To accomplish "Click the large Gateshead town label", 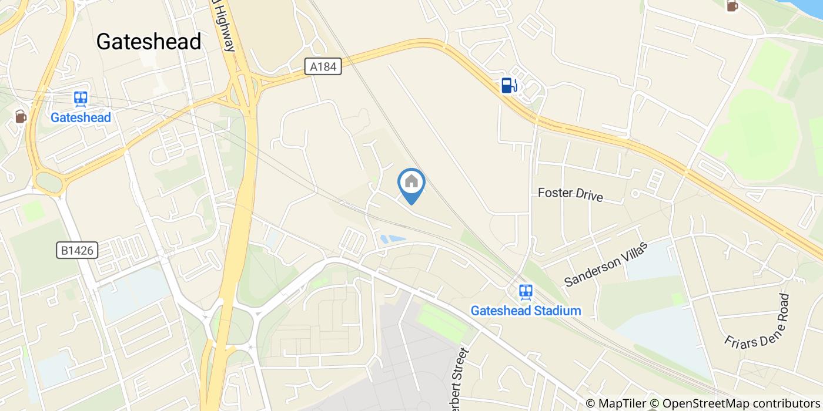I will (x=149, y=42).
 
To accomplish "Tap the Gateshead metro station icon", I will (x=81, y=99).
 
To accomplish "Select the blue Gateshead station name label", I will (x=81, y=117).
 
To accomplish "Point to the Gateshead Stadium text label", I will (x=526, y=311).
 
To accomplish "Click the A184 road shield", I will (x=323, y=67).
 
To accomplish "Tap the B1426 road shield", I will (x=77, y=251).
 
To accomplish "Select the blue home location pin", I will (x=411, y=184).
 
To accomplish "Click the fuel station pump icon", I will (x=508, y=86).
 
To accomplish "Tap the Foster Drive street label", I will (x=570, y=194).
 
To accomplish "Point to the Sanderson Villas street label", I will (x=605, y=264).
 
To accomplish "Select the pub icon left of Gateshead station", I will (x=21, y=117).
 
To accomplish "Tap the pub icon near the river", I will (x=732, y=6).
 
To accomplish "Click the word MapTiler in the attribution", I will (x=623, y=403).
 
